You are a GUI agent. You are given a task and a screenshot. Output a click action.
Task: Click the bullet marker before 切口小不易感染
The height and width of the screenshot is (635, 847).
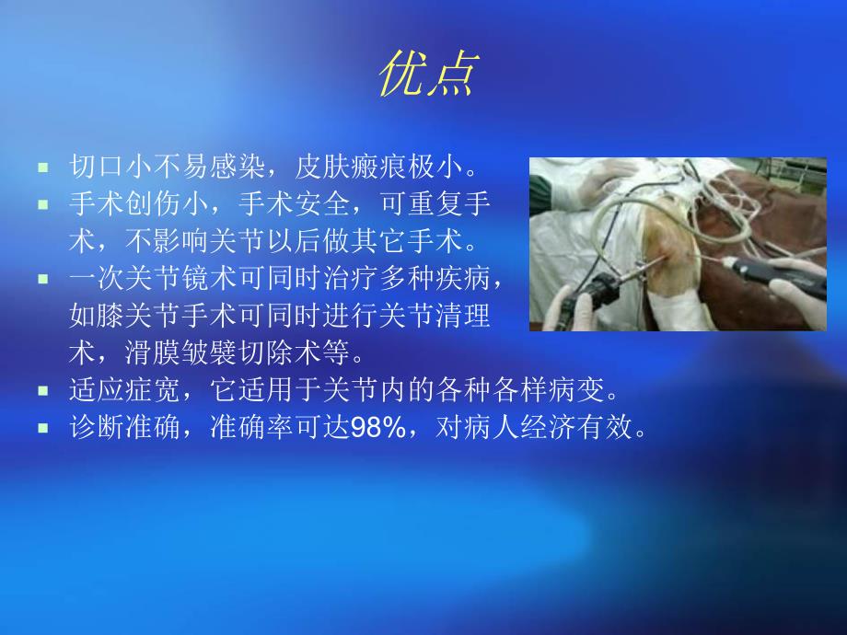tap(42, 169)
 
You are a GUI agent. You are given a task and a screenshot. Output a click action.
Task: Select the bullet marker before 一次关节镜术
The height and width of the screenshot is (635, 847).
tap(42, 275)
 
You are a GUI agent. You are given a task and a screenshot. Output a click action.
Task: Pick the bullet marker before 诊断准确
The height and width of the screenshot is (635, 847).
tap(42, 427)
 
